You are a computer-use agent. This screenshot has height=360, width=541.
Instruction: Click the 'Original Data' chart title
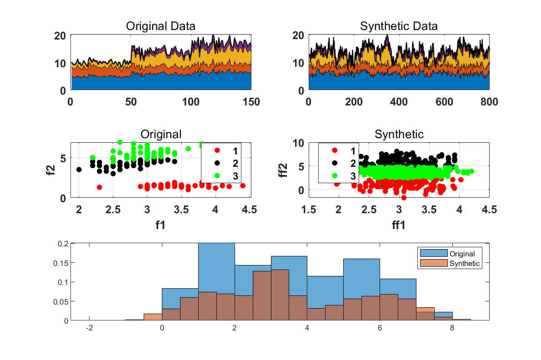160,26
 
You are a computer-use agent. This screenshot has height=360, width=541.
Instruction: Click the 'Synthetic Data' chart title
399,26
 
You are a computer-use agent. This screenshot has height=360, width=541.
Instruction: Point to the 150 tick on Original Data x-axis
251,101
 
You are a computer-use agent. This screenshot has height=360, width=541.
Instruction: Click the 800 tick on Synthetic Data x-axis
489,101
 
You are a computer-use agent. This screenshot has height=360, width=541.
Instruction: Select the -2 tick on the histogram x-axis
90,329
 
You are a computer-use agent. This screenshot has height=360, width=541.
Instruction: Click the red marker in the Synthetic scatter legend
335,150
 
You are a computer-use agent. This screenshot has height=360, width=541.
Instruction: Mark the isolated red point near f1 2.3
99,187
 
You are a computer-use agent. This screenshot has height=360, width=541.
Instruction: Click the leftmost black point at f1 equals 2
79,170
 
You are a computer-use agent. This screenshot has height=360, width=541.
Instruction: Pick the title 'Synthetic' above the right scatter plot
399,135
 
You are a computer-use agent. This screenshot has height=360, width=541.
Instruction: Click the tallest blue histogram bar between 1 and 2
216,282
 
